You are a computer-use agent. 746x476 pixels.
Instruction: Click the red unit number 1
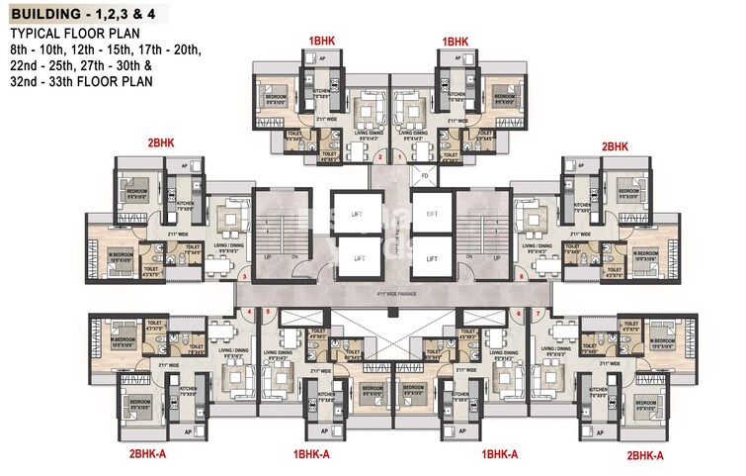pos(400,156)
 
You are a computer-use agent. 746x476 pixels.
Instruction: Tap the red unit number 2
pos(380,156)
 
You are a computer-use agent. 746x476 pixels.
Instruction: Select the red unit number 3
pos(244,277)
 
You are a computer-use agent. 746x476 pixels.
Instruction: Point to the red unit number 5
pos(267,313)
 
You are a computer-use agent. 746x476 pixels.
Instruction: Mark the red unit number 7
pos(538,313)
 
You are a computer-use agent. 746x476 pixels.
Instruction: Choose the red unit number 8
pos(521,277)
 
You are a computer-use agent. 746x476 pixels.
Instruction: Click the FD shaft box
pos(424,178)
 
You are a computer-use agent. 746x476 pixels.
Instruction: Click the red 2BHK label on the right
pos(615,145)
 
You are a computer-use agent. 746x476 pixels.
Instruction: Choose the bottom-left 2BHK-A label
pos(153,454)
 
